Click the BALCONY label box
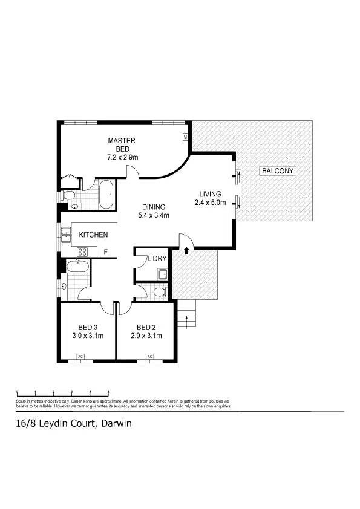(x=278, y=171)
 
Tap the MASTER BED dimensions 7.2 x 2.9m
(x=122, y=157)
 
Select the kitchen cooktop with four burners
(x=82, y=251)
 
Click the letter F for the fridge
(x=105, y=251)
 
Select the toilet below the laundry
(x=159, y=292)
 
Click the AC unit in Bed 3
(x=80, y=357)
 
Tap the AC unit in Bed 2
(x=149, y=357)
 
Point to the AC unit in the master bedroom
(x=185, y=137)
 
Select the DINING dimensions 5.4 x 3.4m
(x=154, y=215)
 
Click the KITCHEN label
(x=94, y=235)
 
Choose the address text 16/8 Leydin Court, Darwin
(x=73, y=424)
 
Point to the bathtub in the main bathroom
(x=78, y=267)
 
